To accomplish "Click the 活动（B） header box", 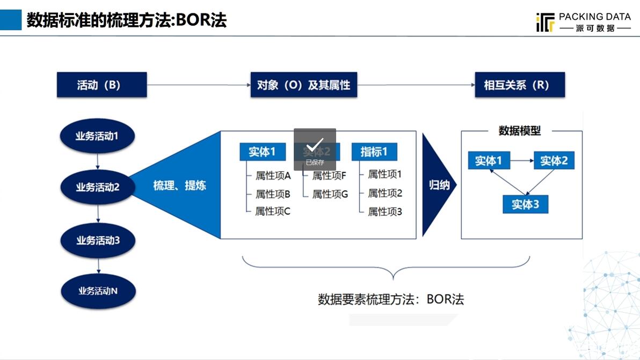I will [x=101, y=85].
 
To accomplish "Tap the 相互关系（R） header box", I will [x=519, y=85].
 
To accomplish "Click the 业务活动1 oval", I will [x=97, y=136].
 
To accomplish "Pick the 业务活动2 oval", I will [x=97, y=187].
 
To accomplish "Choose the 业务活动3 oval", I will [x=98, y=240].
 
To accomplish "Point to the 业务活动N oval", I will [x=98, y=291].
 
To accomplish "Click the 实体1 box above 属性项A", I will [x=261, y=152].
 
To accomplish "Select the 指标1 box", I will [x=374, y=152].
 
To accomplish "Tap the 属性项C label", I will [x=272, y=211].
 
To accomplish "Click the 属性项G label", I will [x=330, y=194].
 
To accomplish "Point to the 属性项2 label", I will [x=384, y=193].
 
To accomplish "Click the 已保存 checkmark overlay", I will [x=315, y=149].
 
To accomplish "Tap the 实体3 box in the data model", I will [x=525, y=204].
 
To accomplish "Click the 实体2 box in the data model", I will [x=554, y=160].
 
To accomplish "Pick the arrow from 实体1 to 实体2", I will [x=521, y=160].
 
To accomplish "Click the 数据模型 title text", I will [x=519, y=130].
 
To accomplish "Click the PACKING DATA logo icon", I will [x=544, y=23].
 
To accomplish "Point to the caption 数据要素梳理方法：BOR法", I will [x=390, y=299].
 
